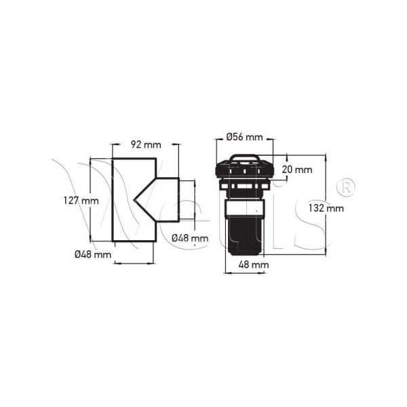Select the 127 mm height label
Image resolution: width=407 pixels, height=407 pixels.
click(81, 201)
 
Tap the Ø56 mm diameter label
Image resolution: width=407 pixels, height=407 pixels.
click(244, 137)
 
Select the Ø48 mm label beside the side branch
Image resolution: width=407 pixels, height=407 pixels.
click(189, 237)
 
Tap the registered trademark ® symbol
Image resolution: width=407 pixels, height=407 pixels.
click(345, 185)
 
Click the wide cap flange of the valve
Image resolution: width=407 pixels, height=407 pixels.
click(244, 171)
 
